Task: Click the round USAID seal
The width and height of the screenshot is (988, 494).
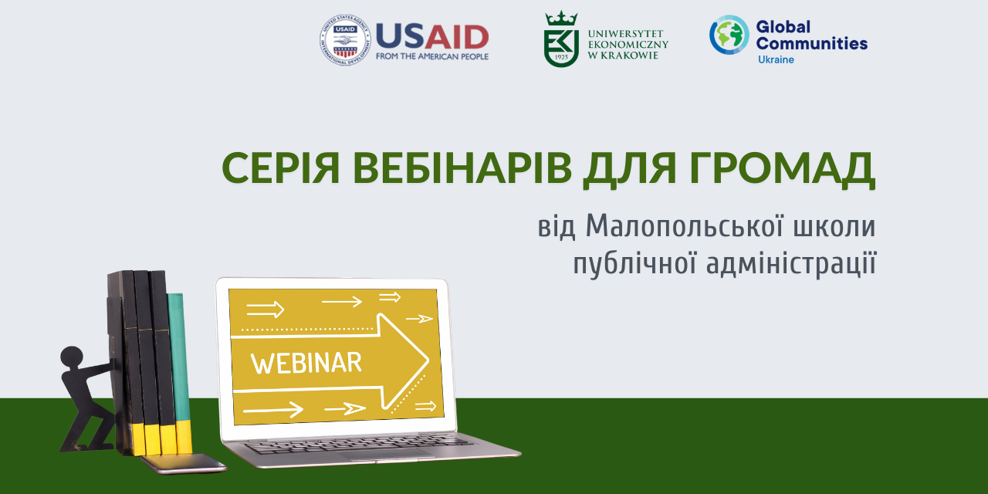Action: (345, 40)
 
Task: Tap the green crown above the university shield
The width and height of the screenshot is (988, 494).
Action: (561, 19)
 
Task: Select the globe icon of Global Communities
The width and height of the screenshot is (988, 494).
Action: (729, 35)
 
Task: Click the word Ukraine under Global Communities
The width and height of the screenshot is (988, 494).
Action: (776, 59)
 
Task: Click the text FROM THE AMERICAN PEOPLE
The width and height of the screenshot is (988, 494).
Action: (432, 56)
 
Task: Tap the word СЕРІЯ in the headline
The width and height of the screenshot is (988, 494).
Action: (280, 168)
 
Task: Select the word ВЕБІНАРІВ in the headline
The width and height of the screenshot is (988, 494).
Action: (462, 168)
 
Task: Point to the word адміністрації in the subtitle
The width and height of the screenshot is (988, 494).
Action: (791, 264)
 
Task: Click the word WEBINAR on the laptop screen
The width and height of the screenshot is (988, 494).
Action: (306, 363)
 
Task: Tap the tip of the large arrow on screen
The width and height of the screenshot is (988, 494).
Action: (428, 360)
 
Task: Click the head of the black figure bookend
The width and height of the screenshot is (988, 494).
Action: (72, 357)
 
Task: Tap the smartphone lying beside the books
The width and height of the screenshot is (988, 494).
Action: (184, 464)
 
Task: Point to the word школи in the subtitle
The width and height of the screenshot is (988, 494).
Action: (834, 226)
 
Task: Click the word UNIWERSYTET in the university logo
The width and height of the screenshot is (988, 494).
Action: (625, 33)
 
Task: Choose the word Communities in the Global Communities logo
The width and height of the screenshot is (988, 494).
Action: (811, 43)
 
